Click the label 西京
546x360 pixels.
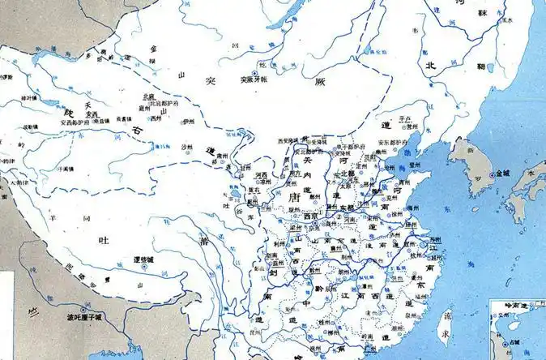[311, 216]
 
